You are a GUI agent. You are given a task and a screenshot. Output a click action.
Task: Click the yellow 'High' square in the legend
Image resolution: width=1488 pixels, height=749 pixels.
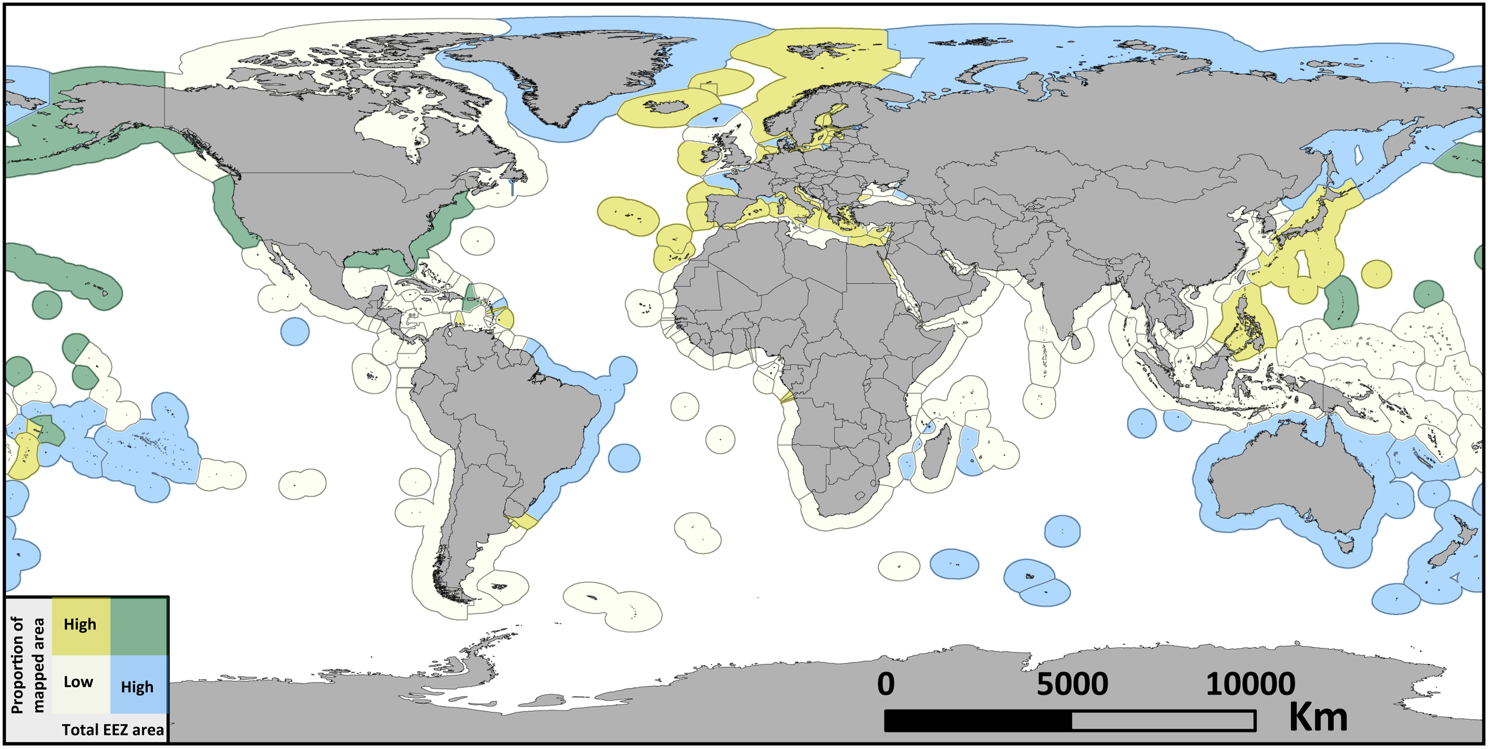80,625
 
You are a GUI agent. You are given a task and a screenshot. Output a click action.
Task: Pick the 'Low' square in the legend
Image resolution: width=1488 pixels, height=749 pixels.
80,682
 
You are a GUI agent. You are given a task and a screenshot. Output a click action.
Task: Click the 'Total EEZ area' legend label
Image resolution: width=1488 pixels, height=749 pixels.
112,730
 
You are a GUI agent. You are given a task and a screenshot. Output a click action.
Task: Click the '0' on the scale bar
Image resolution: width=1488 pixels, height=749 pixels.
885,684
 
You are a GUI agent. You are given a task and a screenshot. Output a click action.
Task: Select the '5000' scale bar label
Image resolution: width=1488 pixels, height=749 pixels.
1072,684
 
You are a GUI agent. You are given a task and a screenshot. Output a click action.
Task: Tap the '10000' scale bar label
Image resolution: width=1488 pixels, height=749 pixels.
1250,684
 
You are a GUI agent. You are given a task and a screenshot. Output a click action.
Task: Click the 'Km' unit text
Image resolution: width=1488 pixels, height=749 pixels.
1318,717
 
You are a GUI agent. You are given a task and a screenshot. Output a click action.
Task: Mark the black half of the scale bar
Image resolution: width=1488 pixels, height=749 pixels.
978,720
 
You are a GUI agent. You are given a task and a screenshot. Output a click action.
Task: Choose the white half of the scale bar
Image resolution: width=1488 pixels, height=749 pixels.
1164,720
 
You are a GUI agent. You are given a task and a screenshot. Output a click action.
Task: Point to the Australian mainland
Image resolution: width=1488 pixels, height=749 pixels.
1292,476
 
